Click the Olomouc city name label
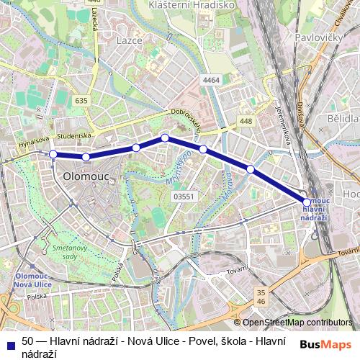pos(85,175)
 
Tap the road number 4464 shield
pos(211,80)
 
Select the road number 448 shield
pos(247,121)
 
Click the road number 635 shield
pos(81,101)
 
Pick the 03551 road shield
pos(184,195)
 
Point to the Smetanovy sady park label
pos(65,250)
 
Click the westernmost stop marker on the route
pos(53,154)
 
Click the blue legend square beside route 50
pos(9,342)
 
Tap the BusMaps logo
pos(325,343)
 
